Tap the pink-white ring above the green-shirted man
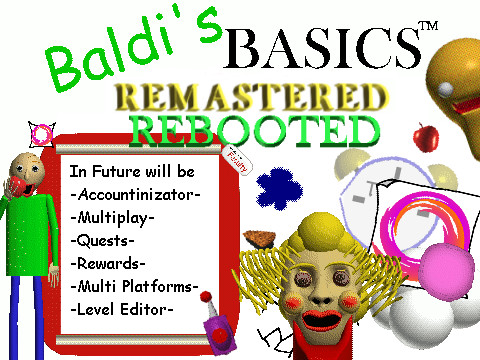[41, 132]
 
